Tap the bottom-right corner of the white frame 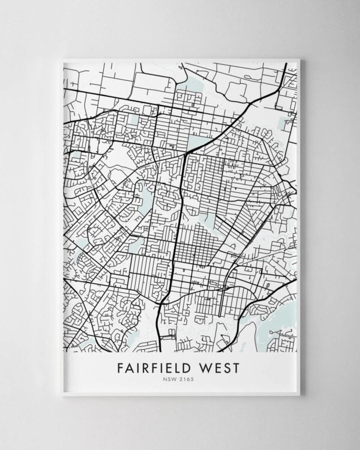coord(300,396)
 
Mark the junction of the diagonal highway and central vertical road coord(185,154)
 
